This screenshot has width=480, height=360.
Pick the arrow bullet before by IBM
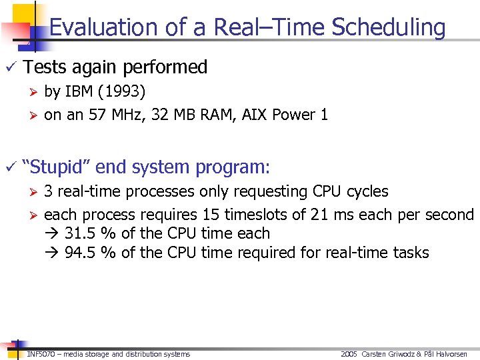[x=32, y=91]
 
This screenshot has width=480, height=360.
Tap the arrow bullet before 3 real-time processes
[x=32, y=192]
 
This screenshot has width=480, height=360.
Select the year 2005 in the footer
[x=349, y=354]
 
